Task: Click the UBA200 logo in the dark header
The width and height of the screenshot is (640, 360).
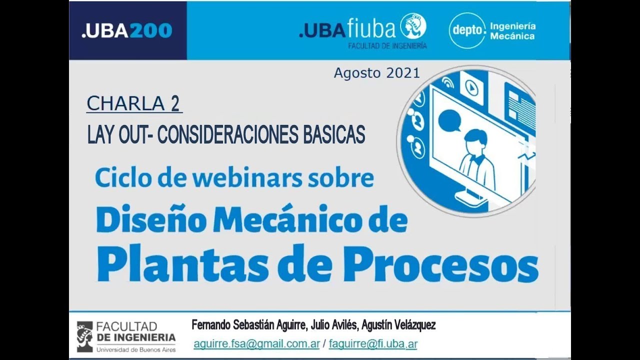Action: [126, 30]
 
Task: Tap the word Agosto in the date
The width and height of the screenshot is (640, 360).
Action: [357, 73]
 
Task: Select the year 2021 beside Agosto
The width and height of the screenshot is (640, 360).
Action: [403, 73]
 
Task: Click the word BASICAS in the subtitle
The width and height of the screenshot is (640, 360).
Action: [331, 134]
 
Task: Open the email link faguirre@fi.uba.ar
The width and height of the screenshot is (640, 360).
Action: [373, 344]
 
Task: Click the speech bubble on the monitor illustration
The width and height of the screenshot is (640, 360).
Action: [449, 120]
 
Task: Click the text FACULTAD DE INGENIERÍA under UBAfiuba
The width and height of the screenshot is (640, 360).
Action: [387, 45]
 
